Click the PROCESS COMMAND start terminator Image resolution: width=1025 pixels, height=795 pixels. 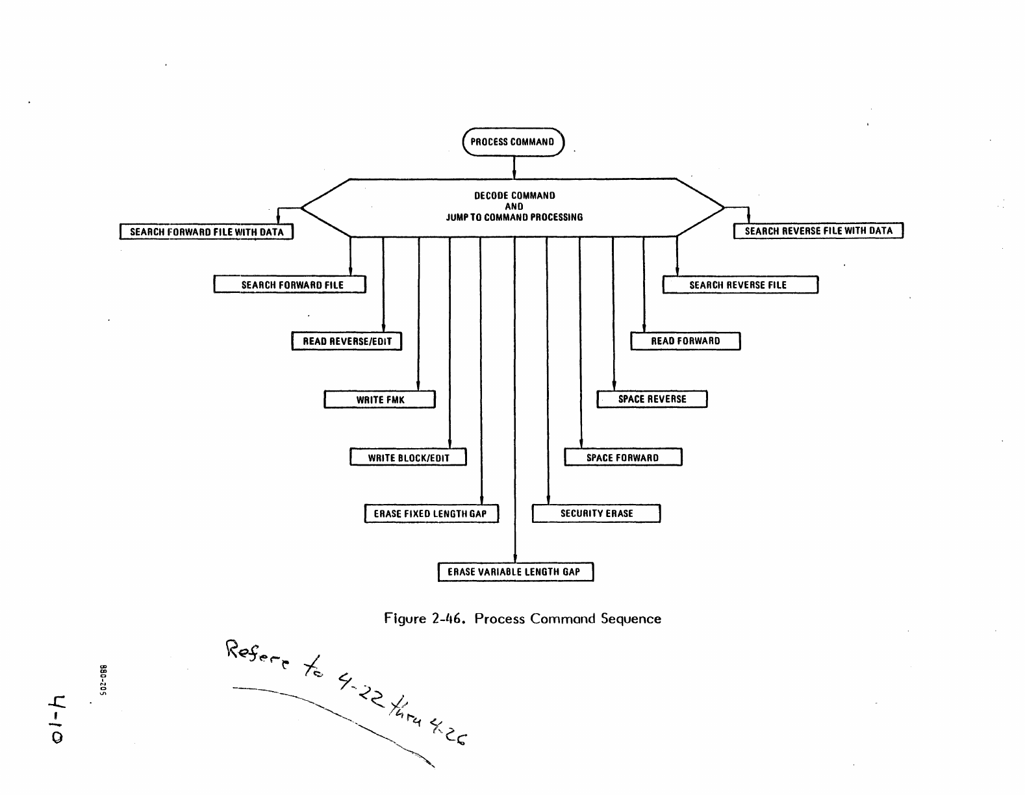pyautogui.click(x=513, y=142)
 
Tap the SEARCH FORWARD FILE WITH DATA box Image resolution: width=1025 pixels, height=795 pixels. pyautogui.click(x=207, y=232)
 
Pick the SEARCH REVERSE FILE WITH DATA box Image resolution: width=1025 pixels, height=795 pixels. pyautogui.click(x=818, y=231)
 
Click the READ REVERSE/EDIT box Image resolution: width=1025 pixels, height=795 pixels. pyautogui.click(x=347, y=342)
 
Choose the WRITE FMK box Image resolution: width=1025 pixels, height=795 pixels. pyautogui.click(x=379, y=399)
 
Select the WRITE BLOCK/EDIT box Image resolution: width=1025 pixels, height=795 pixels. pyautogui.click(x=408, y=458)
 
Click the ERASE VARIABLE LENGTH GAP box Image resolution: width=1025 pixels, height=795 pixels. pyautogui.click(x=515, y=572)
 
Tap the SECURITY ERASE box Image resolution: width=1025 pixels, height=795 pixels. pyautogui.click(x=596, y=514)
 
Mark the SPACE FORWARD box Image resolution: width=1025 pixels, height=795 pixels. pyautogui.click(x=623, y=458)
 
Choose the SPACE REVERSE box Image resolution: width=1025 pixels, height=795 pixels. pyautogui.click(x=652, y=399)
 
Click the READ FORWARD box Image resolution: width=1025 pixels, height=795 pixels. pyautogui.click(x=685, y=341)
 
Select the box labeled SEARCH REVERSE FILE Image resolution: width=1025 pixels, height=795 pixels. pyautogui.click(x=740, y=285)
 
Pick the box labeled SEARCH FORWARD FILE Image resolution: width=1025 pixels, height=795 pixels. pyautogui.click(x=290, y=285)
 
